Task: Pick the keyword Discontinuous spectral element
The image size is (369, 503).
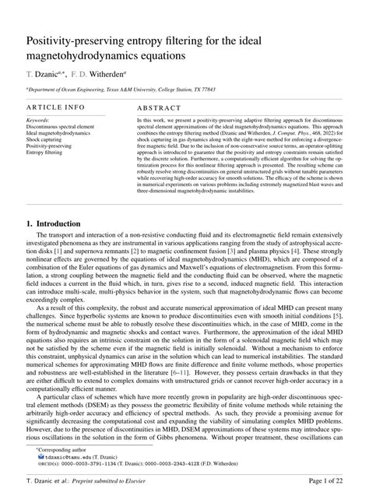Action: (64, 128)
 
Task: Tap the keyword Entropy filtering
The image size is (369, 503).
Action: (47, 153)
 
